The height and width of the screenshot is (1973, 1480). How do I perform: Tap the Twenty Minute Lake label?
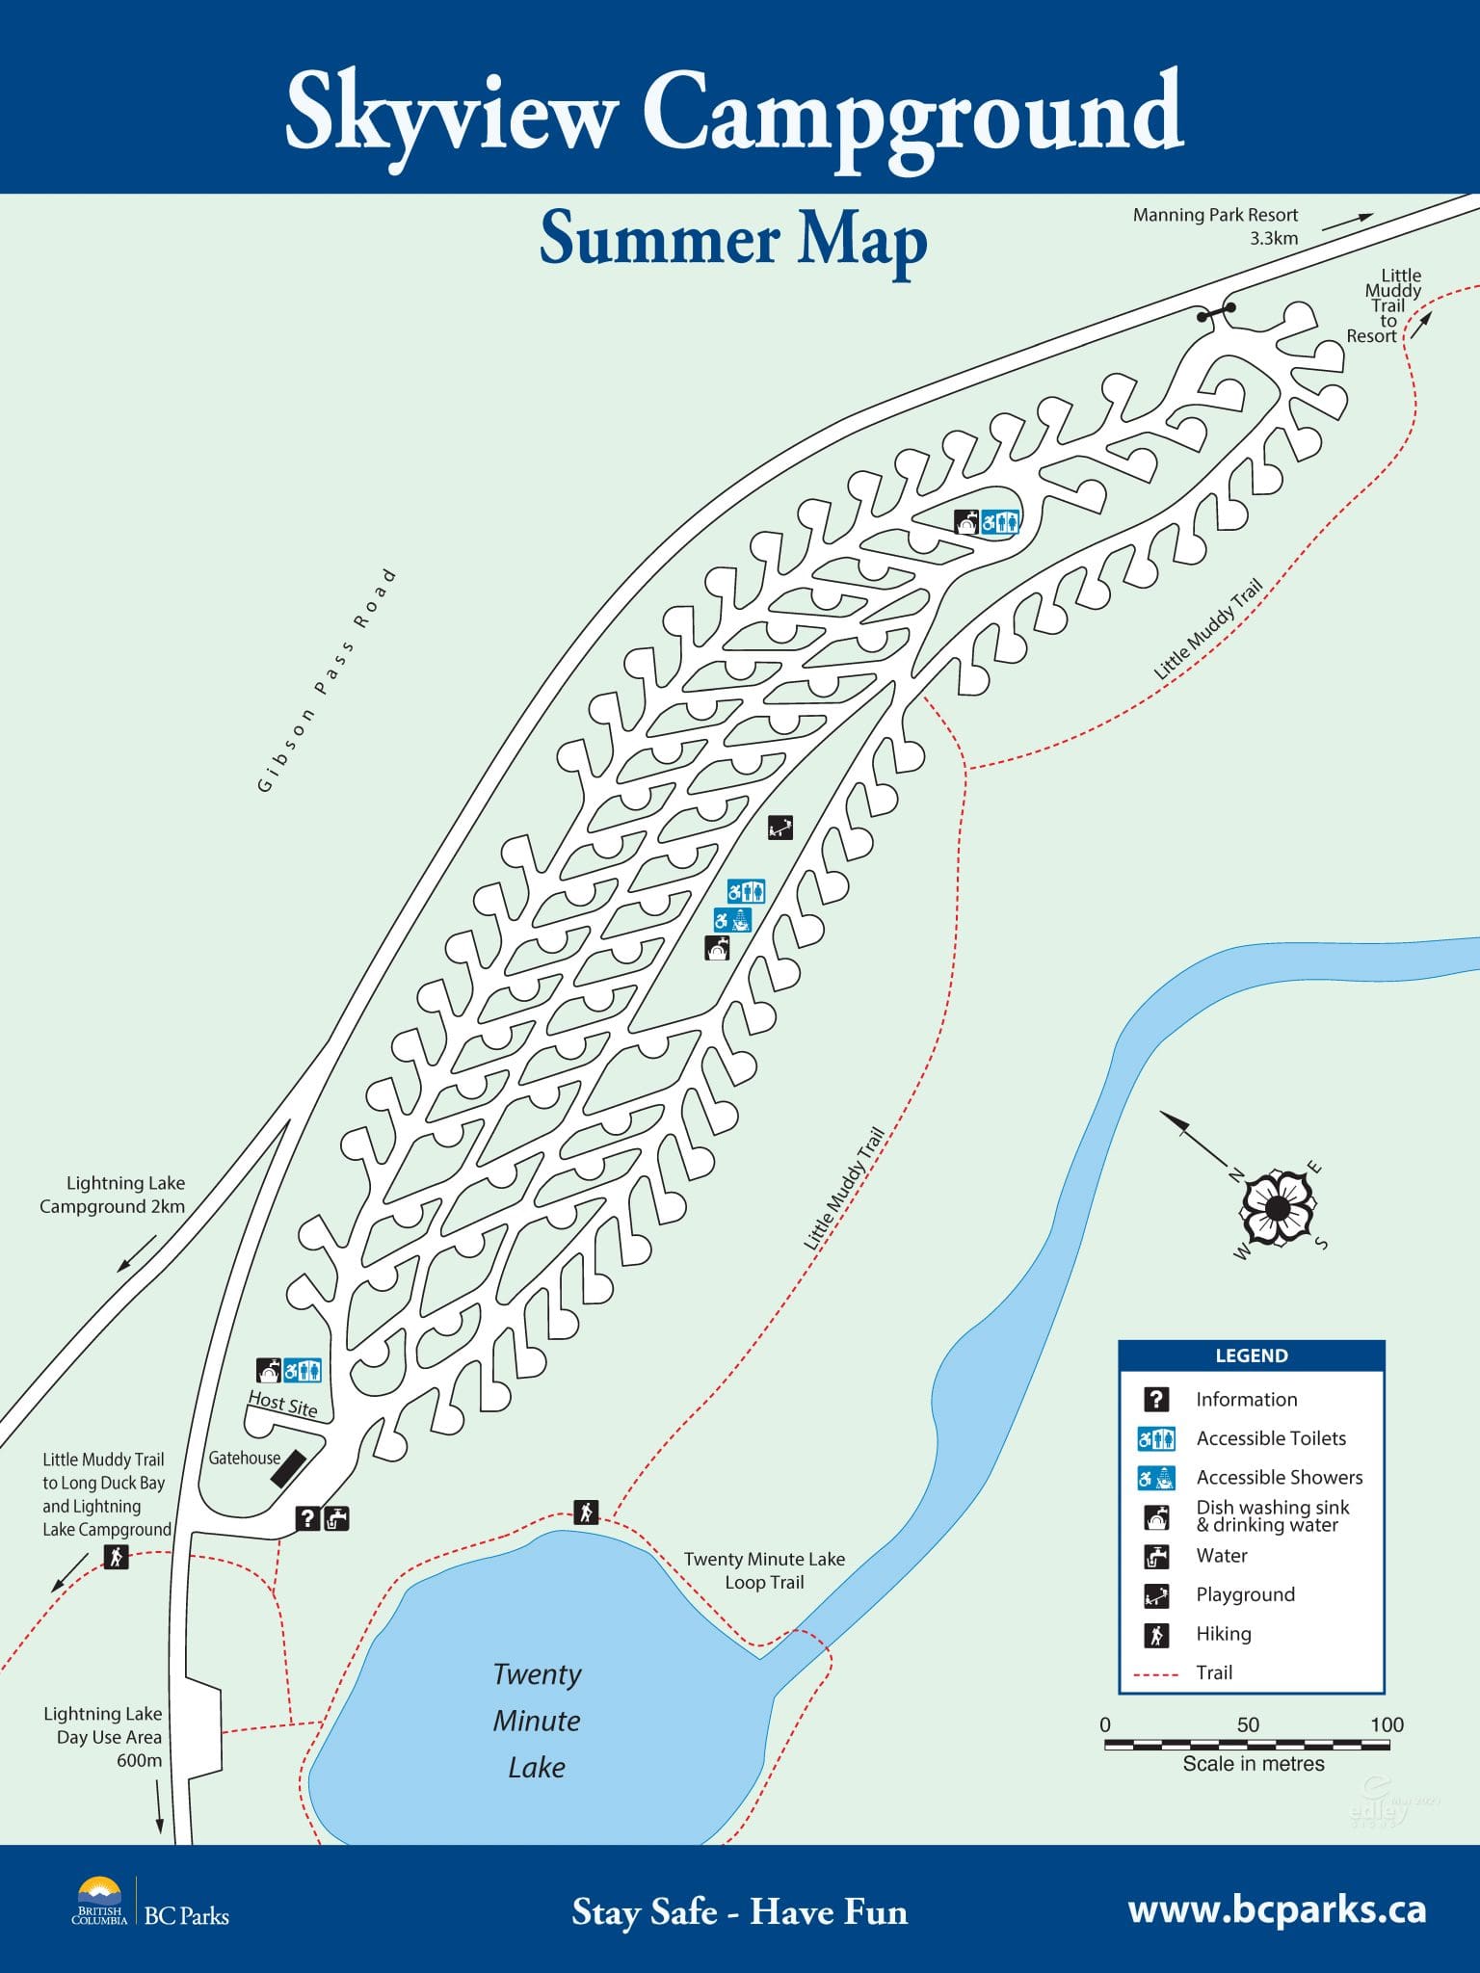537,1720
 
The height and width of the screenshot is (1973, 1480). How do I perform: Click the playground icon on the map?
780,827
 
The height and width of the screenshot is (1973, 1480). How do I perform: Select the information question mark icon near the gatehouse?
307,1518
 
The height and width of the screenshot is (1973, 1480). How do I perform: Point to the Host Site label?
282,1403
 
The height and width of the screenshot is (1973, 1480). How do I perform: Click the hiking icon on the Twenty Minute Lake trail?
586,1512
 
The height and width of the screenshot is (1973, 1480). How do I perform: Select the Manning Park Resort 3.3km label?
1215,226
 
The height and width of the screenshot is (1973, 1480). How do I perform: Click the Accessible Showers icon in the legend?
1156,1478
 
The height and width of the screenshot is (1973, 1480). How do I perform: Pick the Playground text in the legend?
1245,1594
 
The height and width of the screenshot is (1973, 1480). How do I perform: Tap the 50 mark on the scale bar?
1247,1724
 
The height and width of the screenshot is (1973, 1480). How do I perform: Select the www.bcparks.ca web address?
1277,1908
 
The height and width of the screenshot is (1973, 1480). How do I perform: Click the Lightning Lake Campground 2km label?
113,1195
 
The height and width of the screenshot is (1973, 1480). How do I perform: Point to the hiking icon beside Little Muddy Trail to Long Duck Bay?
117,1556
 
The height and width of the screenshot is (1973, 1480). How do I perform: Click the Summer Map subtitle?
732,239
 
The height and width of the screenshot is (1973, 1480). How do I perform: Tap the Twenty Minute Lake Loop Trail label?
764,1570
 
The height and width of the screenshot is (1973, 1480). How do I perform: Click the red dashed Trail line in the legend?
1156,1674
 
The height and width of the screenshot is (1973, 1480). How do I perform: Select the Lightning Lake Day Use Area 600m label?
103,1736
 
